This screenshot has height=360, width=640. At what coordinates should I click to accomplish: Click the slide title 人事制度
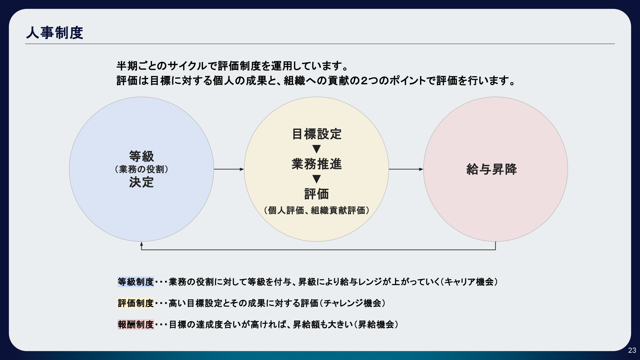(55, 33)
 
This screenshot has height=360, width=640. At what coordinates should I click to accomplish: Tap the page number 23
(632, 350)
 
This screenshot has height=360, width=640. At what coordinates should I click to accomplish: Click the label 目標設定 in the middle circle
(317, 134)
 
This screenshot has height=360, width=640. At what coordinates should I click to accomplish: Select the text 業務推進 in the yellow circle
(317, 164)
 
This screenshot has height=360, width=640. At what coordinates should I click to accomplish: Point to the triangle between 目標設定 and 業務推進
(317, 149)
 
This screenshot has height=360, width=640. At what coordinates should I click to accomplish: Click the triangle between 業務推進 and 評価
(317, 179)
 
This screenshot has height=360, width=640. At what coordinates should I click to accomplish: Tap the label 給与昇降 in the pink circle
(492, 169)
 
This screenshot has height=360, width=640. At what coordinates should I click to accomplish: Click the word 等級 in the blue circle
(142, 156)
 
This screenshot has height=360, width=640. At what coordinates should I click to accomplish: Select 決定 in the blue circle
(142, 182)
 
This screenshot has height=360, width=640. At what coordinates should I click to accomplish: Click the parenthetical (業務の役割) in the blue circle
(142, 169)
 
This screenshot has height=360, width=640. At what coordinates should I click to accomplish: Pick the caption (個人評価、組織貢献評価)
(317, 210)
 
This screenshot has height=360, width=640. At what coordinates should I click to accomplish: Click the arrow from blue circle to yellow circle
(229, 169)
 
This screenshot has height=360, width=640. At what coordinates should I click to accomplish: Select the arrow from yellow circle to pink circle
(406, 169)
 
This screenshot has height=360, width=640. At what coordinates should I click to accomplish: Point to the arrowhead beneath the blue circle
(142, 244)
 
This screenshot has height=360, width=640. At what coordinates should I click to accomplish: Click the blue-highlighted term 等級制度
(136, 282)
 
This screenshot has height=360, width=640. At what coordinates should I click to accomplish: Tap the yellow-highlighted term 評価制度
(136, 303)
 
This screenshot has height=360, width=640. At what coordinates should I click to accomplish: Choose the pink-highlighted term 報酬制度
(136, 325)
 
